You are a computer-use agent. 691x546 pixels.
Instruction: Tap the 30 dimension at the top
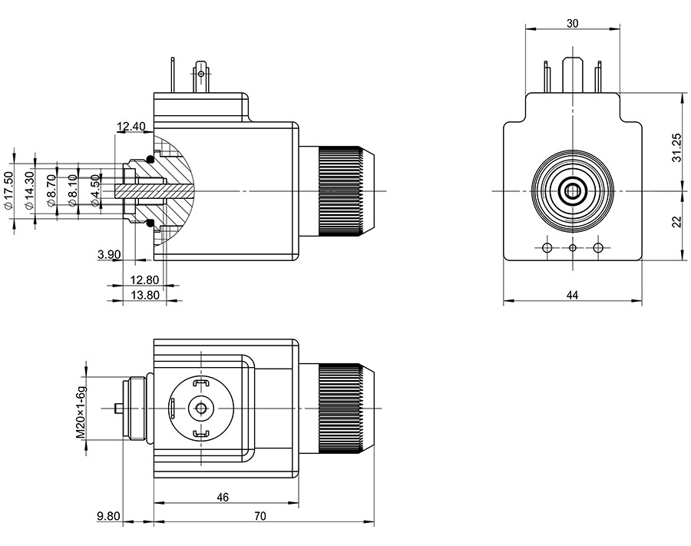click(572, 24)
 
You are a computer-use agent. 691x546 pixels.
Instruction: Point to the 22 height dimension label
click(676, 221)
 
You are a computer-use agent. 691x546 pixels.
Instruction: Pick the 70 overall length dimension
click(260, 517)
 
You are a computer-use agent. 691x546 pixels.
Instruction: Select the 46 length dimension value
click(223, 498)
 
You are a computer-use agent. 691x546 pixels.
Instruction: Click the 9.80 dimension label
click(108, 517)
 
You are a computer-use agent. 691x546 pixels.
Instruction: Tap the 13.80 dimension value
click(144, 295)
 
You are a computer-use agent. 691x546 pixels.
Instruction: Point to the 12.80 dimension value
click(144, 280)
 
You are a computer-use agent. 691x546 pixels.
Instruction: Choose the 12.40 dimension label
click(131, 126)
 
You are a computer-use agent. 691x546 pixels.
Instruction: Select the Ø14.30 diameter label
click(29, 190)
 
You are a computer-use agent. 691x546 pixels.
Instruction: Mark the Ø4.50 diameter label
click(96, 190)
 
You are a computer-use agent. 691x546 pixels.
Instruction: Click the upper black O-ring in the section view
click(150, 157)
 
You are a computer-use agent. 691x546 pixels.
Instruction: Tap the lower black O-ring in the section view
click(150, 223)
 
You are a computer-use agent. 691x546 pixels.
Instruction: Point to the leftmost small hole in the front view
click(547, 247)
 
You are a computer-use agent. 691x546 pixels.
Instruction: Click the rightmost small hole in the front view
click(599, 247)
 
